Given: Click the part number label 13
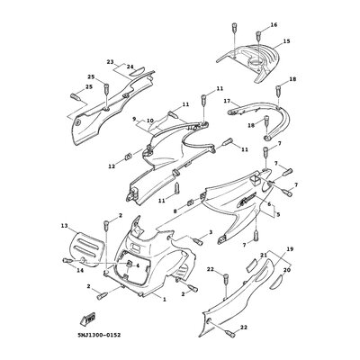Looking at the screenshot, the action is [65, 225].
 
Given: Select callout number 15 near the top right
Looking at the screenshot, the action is [286, 41].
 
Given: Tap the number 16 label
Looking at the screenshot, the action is [274, 25].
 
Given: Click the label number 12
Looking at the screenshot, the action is [112, 166].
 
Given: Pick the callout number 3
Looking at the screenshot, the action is [211, 231].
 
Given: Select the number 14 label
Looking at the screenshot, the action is [80, 270].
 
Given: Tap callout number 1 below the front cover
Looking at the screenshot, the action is [164, 299].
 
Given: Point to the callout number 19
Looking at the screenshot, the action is [290, 249].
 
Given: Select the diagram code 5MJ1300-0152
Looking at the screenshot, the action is [98, 335].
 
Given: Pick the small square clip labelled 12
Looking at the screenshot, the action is [128, 157].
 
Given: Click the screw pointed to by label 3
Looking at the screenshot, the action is [197, 240].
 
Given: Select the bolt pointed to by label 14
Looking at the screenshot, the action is [67, 260].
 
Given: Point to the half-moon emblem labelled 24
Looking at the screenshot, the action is [138, 72].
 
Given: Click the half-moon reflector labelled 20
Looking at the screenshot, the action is [276, 282].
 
